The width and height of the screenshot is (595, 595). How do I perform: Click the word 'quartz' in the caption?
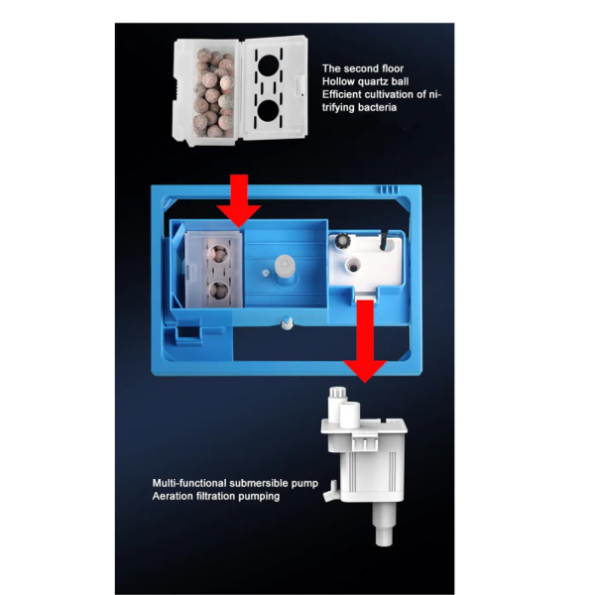(x=374, y=82)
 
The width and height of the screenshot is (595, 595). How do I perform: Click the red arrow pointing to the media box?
(x=239, y=200)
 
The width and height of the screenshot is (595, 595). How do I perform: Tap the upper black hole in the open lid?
(x=269, y=65)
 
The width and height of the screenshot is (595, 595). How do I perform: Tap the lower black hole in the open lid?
(x=269, y=110)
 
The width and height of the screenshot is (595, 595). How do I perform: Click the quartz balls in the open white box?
(x=214, y=95)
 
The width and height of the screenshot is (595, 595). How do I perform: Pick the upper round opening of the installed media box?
(x=219, y=253)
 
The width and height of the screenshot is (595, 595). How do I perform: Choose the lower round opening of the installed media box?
(x=219, y=290)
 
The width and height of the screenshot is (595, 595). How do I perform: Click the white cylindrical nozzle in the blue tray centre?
(x=285, y=266)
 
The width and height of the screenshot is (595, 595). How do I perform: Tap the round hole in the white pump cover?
(x=353, y=265)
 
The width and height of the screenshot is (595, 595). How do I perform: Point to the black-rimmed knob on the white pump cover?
(x=343, y=241)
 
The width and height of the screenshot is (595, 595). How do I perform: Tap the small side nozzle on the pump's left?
(x=330, y=491)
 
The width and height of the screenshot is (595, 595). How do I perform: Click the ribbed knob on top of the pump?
(x=337, y=398)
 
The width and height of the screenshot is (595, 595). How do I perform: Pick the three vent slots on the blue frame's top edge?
(x=390, y=189)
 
